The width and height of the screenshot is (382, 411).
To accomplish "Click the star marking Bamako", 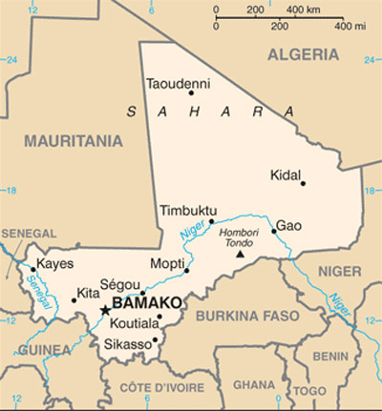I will click(x=104, y=310).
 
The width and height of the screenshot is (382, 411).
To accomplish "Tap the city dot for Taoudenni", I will click(x=191, y=93).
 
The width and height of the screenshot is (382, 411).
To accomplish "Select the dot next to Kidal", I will click(x=303, y=182).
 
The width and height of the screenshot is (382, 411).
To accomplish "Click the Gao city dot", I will click(x=273, y=230).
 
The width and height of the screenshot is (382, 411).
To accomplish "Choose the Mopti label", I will click(x=167, y=263).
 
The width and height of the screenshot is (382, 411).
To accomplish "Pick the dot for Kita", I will click(x=74, y=300).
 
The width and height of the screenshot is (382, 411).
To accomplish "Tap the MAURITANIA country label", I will click(x=74, y=141).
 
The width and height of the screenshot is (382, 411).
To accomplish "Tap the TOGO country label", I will click(x=304, y=391).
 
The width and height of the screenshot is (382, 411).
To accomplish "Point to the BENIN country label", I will click(x=329, y=355).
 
